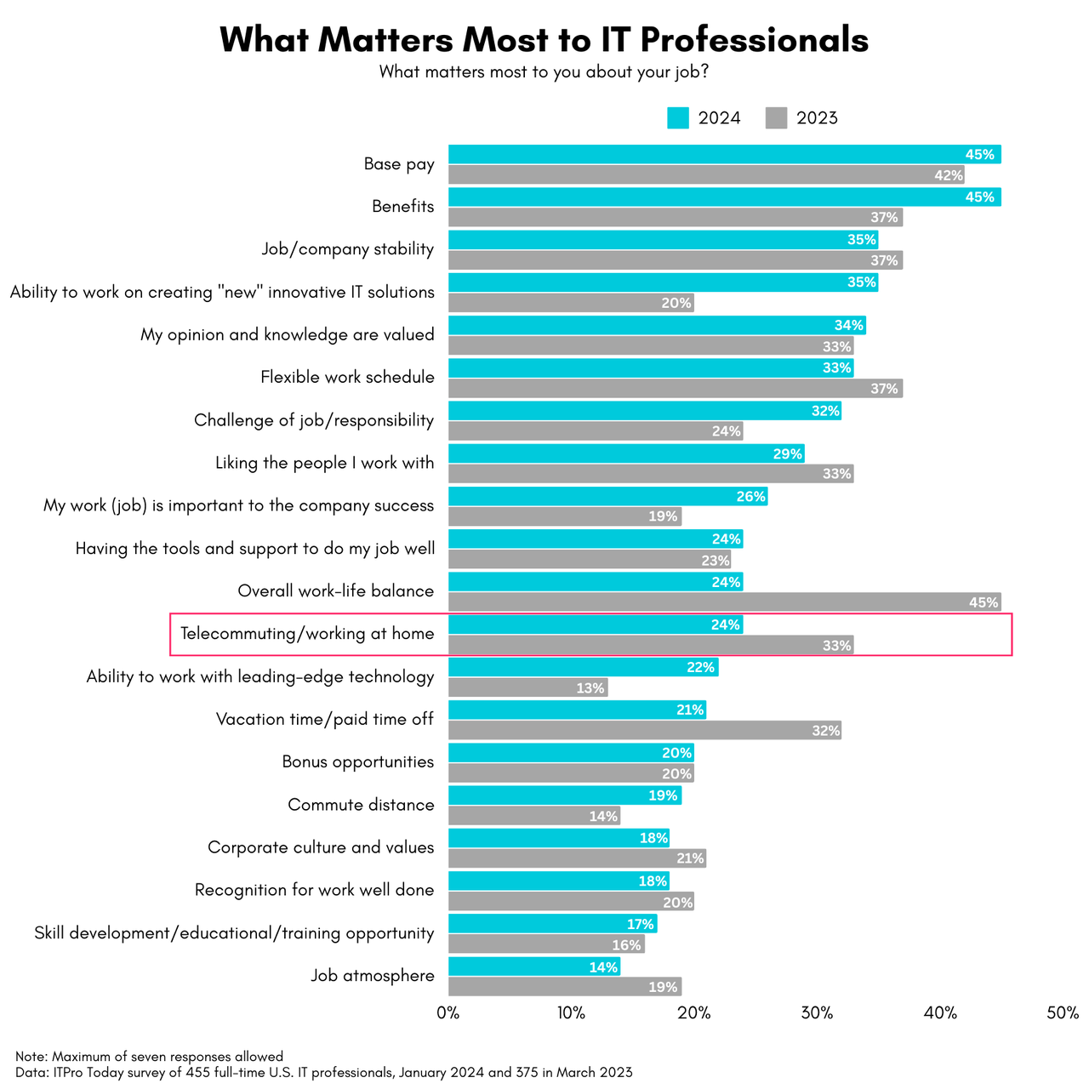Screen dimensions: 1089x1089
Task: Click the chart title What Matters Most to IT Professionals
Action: click(544, 40)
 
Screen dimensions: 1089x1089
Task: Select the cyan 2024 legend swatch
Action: click(677, 118)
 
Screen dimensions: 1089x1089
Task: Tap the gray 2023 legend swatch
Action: click(776, 118)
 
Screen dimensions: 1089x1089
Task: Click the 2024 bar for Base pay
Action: click(723, 154)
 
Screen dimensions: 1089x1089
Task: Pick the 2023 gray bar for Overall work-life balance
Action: click(723, 602)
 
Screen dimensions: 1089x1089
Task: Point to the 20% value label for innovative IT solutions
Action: click(676, 303)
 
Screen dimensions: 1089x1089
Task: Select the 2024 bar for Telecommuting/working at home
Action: click(596, 624)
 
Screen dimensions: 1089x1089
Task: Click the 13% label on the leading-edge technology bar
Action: click(590, 687)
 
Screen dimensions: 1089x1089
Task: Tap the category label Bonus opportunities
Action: click(358, 761)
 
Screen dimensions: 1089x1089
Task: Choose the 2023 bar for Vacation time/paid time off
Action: click(644, 730)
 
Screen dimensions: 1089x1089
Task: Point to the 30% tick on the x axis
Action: click(818, 1012)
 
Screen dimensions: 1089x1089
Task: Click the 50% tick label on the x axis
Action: click(1063, 1012)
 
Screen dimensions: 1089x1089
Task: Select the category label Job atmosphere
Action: click(372, 976)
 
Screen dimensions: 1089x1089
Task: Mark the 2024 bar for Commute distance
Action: click(564, 795)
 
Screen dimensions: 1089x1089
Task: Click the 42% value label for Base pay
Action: click(948, 175)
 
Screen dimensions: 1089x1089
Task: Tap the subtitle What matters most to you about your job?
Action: click(544, 72)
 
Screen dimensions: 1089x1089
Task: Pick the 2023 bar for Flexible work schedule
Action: click(675, 389)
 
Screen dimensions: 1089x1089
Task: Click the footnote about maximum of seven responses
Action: click(149, 1057)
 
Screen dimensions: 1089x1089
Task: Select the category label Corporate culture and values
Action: click(321, 847)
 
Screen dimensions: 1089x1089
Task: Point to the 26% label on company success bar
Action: click(750, 496)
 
